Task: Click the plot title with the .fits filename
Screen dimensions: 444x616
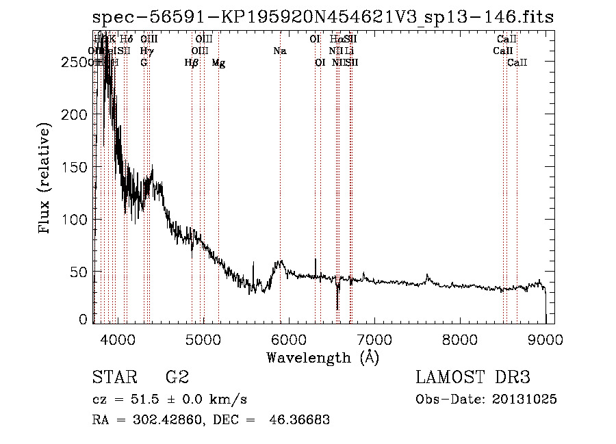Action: coord(322,18)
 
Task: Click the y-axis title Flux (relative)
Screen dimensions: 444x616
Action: coord(46,179)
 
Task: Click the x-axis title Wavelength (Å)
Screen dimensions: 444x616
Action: coord(322,357)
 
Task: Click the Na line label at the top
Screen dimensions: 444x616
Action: coord(279,51)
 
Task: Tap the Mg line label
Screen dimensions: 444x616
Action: coord(218,63)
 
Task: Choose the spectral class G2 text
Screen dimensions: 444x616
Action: coord(177,378)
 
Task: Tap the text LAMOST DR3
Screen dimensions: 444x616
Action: coord(472,378)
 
